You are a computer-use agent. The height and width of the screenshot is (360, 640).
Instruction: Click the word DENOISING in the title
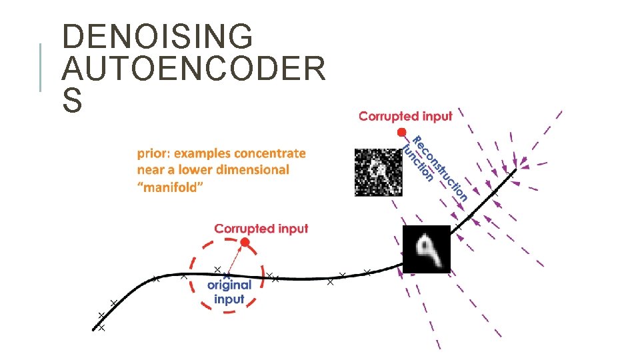[x=157, y=37]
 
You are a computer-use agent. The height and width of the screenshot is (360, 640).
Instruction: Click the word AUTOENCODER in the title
[x=194, y=69]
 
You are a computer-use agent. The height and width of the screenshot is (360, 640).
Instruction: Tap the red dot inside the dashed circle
[x=245, y=243]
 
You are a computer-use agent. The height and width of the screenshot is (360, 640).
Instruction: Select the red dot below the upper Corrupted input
[x=401, y=132]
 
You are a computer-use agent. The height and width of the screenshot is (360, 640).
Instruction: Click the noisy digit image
[x=378, y=172]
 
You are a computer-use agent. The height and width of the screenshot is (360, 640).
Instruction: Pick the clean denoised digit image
[x=427, y=249]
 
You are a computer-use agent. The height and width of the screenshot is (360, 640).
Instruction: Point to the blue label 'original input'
[x=229, y=291]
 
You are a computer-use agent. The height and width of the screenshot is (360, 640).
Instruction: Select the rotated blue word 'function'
[x=419, y=163]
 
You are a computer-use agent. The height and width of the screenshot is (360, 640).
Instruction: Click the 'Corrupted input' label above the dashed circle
[x=261, y=229]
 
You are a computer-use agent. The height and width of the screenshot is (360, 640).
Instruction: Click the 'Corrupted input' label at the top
[x=405, y=116]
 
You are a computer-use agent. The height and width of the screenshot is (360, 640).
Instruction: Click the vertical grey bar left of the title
[x=41, y=67]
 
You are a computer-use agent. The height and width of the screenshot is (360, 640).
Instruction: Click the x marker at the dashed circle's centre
[x=227, y=275]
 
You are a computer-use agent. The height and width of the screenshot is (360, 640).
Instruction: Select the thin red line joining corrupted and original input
[x=236, y=259]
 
